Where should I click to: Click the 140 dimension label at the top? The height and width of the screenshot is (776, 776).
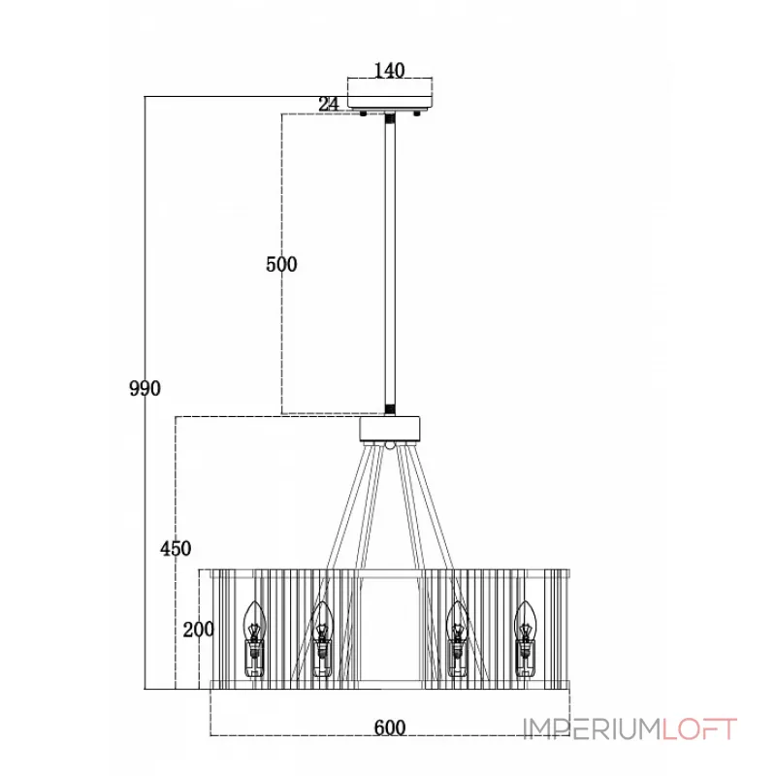coord(389,70)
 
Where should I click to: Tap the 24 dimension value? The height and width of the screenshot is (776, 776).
coord(329,104)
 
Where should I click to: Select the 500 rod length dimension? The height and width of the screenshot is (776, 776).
coord(281,264)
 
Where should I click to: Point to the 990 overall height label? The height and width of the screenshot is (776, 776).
coord(145,388)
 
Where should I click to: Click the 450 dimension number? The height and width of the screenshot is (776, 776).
coord(176,548)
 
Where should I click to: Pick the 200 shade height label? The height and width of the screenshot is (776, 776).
coord(198,630)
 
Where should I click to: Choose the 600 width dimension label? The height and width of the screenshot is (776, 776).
coord(390,727)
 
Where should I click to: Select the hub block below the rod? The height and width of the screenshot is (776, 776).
coord(390,429)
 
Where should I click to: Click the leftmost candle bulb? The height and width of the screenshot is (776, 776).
coord(254,639)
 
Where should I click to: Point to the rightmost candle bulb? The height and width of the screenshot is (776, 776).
coord(525,639)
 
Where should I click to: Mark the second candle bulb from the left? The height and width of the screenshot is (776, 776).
coord(322,639)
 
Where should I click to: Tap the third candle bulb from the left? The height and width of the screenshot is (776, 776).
coord(457,639)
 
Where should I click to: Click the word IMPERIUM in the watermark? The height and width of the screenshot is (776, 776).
coord(593,728)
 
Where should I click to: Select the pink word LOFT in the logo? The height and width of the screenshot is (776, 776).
coord(699,728)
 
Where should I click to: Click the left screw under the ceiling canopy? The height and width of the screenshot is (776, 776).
coord(363,113)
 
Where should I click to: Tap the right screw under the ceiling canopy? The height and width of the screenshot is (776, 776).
coord(417,113)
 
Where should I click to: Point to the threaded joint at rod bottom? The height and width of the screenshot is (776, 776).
coord(390,409)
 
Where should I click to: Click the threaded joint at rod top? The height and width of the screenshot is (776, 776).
coord(390,118)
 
